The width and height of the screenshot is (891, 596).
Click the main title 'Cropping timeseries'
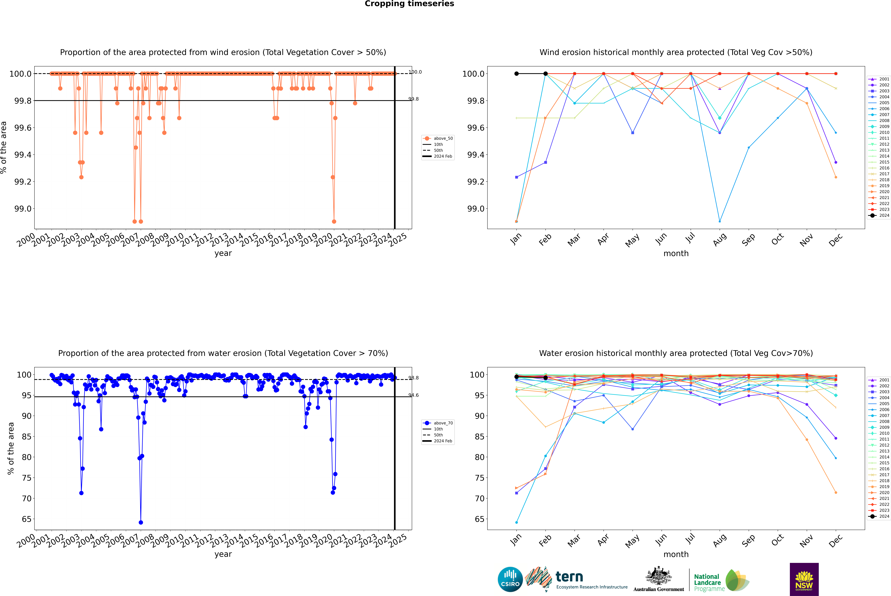[409, 4]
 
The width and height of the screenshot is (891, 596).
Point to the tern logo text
[569, 577]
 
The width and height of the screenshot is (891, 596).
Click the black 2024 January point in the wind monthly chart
[517, 74]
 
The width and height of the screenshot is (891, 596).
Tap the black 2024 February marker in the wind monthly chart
[545, 74]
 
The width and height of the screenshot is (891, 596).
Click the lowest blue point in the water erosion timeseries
[141, 522]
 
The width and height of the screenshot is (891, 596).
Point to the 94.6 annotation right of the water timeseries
[414, 395]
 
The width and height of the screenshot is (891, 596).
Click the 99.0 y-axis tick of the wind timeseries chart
[23, 209]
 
